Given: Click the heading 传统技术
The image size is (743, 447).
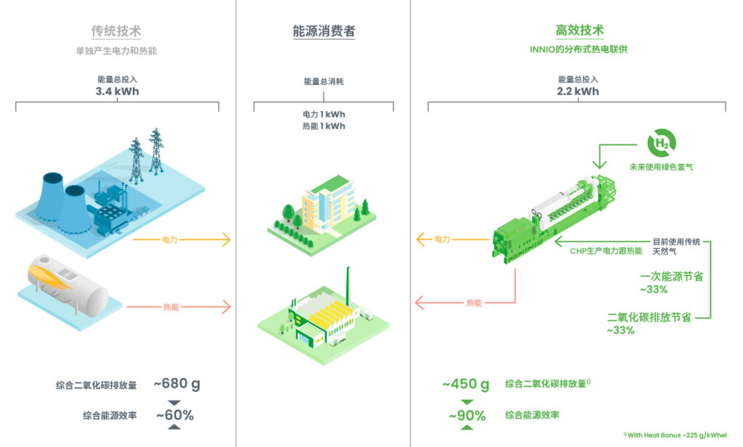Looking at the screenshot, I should click(x=116, y=31).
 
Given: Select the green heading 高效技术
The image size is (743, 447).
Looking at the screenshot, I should click(x=579, y=31).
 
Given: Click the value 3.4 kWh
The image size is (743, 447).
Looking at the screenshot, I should click(x=117, y=91).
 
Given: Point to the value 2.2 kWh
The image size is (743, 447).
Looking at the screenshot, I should click(x=578, y=91).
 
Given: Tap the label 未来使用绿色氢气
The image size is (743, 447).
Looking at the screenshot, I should click(x=662, y=168).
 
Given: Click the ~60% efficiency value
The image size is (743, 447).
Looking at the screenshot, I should click(x=173, y=415).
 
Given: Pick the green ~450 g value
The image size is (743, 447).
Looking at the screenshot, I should click(x=466, y=384).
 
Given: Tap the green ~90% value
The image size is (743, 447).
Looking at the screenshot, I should click(x=467, y=416).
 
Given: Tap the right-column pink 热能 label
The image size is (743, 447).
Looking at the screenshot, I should click(x=474, y=302).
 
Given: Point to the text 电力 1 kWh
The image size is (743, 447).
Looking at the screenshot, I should click(x=324, y=115).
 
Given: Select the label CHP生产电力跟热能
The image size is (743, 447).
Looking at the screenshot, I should click(x=606, y=251).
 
